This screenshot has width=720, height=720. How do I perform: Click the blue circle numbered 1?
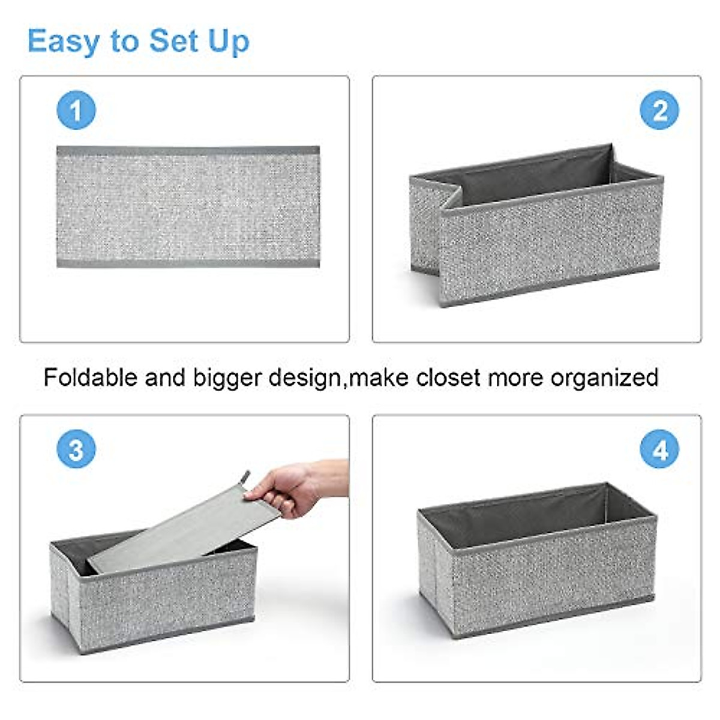76,110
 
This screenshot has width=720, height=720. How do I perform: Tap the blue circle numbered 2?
659,110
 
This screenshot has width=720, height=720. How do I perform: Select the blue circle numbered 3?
76,449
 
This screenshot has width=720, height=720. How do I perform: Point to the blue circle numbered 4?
659,449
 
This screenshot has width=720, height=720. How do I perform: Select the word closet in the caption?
448,377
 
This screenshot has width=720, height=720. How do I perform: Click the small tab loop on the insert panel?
245,478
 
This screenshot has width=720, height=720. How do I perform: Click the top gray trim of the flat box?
188,151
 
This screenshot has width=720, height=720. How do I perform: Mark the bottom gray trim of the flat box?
188,263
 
